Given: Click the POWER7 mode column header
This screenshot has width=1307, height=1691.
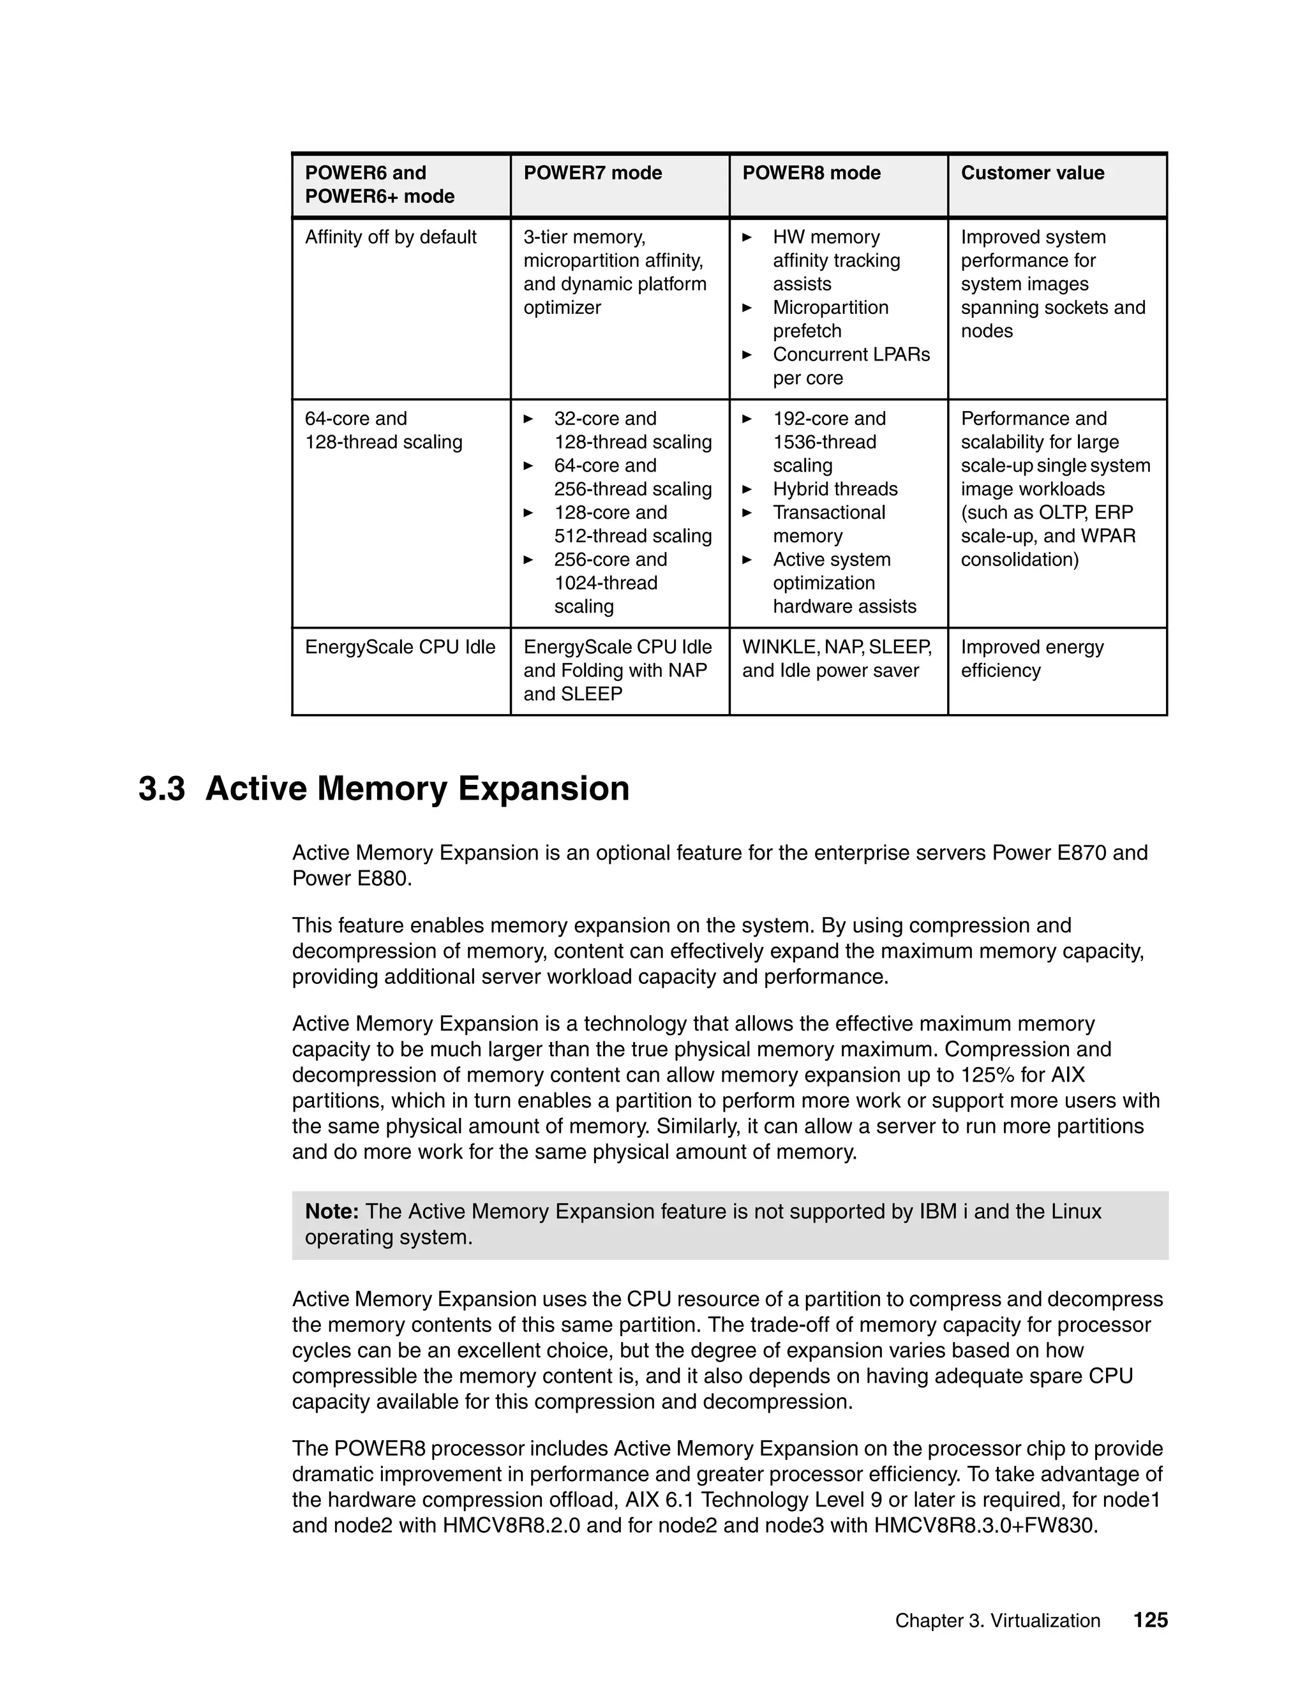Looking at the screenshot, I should point(592,173).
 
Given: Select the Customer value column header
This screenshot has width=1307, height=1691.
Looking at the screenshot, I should point(1032,173).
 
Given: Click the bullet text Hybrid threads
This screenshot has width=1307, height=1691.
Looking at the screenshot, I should point(835,489).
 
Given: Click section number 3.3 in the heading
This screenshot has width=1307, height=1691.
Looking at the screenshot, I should point(161,789).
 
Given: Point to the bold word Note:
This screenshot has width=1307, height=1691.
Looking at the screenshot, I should point(331,1211).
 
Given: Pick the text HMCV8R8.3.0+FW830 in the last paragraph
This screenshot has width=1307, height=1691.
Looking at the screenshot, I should point(985,1526).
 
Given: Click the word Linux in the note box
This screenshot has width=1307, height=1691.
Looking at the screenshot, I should point(1075,1211).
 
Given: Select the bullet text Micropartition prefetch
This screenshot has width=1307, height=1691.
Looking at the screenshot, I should point(830,319).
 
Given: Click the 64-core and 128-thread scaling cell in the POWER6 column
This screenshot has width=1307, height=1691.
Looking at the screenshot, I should point(384,431).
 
